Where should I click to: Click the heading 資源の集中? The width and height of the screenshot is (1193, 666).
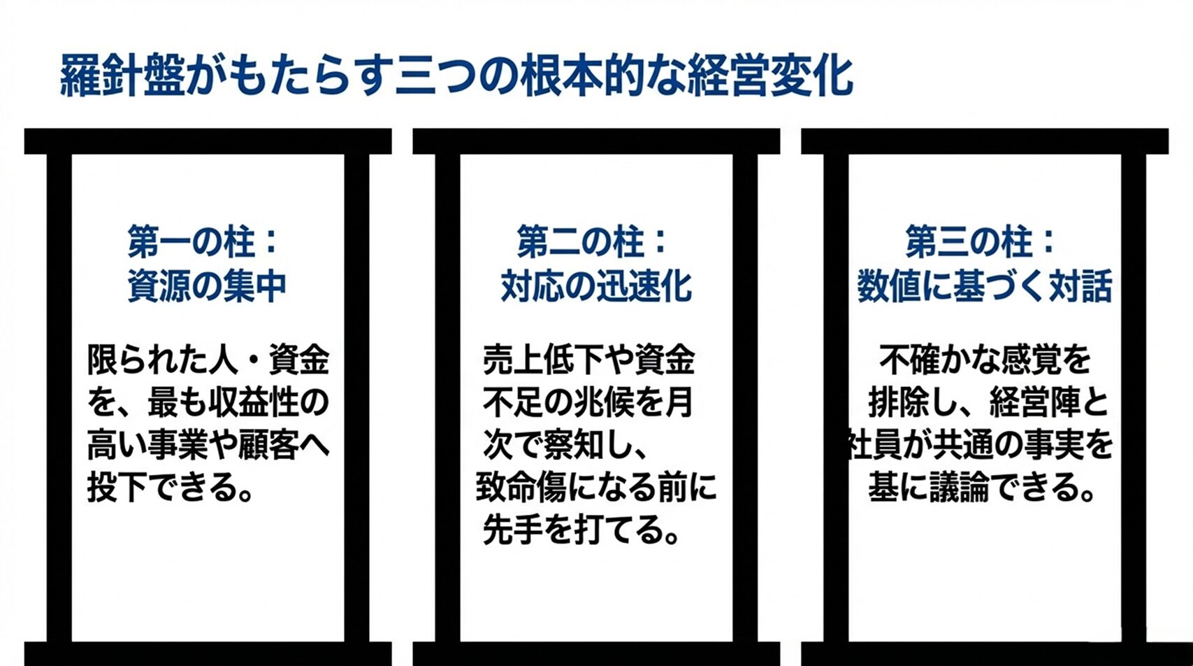point(207,286)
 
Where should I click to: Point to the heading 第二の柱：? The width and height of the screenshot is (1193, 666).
point(592,242)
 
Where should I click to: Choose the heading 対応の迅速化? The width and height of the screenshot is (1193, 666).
point(597,286)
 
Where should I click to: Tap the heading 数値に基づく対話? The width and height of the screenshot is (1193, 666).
point(985,286)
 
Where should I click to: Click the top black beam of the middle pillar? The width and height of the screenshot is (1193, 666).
point(597,141)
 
